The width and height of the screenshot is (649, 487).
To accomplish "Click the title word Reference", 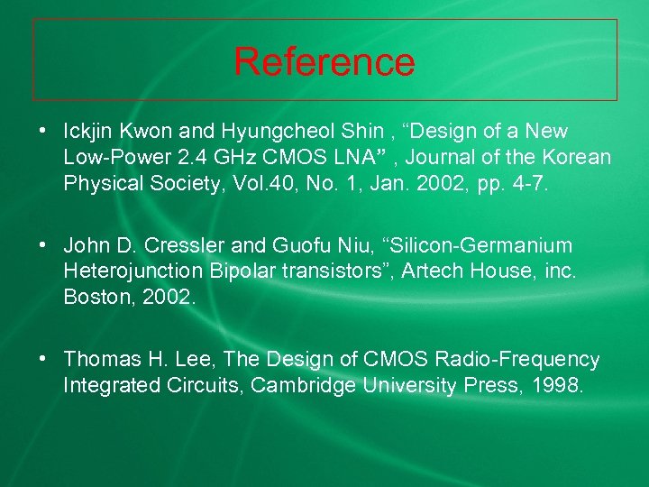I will point(324,61).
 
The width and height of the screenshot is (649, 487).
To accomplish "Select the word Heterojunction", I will point(132,271).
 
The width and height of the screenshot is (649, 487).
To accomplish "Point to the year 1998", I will point(560,386).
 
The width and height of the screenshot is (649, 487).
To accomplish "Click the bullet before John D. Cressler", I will point(43,244).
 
